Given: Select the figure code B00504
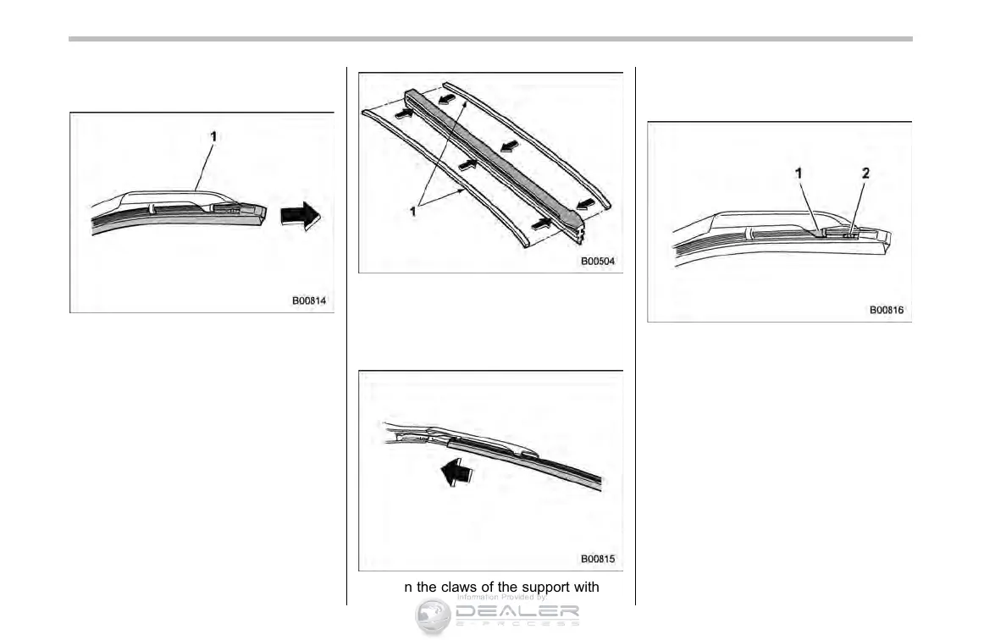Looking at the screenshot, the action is pos(598,262).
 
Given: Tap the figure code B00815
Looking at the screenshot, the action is pos(598,559).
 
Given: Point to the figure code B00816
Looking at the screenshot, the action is pos(886,310).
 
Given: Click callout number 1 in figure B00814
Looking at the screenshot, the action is pos(213,135).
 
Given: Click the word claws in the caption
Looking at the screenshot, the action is pos(459,588).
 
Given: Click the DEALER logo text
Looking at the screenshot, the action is pos(517,612).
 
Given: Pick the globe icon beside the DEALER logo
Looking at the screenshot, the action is pos(433,616).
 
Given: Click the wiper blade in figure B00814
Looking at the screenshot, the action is pos(169,216).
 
